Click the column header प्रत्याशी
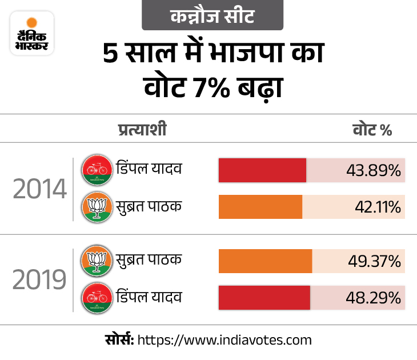pyautogui.click(x=142, y=130)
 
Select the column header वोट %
pyautogui.click(x=371, y=130)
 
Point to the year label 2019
pyautogui.click(x=39, y=280)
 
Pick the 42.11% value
pyautogui.click(x=377, y=207)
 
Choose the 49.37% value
pyautogui.click(x=374, y=261)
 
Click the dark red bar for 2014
pyautogui.click(x=262, y=171)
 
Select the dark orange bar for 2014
pyautogui.click(x=260, y=207)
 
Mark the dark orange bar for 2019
pyautogui.click(x=265, y=261)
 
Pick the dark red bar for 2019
pyautogui.click(x=264, y=298)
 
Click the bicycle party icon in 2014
pyautogui.click(x=96, y=170)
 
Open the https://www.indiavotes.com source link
pyautogui.click(x=224, y=341)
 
